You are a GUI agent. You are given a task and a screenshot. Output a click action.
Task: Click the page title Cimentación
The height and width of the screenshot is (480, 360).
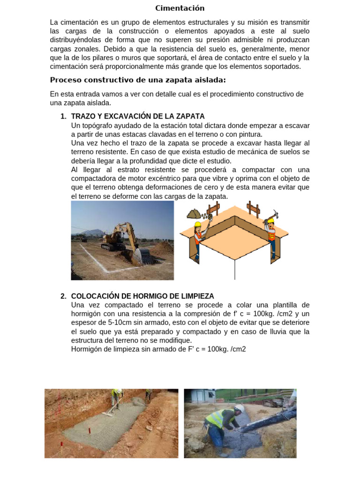[x=180, y=8]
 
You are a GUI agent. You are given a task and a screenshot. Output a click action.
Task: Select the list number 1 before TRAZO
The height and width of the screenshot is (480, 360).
[x=63, y=116]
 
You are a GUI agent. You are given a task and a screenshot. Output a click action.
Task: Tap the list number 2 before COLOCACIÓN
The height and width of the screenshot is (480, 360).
[x=63, y=296]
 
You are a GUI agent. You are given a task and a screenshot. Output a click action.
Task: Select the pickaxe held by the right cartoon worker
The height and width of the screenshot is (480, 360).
[x=272, y=215]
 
